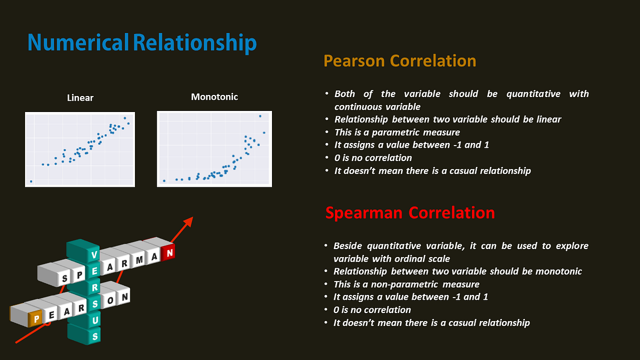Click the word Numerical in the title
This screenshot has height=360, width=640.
click(x=78, y=43)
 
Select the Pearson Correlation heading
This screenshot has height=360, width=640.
click(x=399, y=61)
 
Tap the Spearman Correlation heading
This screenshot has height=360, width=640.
click(x=410, y=213)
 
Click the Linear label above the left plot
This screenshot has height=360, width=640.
click(x=80, y=98)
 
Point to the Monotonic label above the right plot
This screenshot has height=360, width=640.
click(x=214, y=97)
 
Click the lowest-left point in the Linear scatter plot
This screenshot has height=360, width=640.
click(x=31, y=181)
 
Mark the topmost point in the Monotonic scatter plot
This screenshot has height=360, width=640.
click(x=260, y=116)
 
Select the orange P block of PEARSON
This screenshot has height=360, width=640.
click(x=36, y=319)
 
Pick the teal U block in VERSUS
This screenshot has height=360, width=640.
click(x=95, y=320)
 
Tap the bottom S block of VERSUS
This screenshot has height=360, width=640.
click(x=95, y=337)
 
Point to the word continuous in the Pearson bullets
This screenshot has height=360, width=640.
click(x=360, y=107)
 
